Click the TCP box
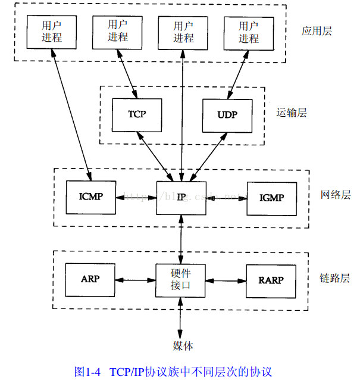pos(137,114)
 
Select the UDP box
pos(227,114)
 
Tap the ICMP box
pos(90,196)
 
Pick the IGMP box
pos(271,196)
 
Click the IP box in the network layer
pos(181,196)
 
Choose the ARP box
pos(90,279)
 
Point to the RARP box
pos(271,279)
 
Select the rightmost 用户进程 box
pos(249,32)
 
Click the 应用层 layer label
pos(316,31)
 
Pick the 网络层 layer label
pos(335,195)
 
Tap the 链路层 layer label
pos(335,278)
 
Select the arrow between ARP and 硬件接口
pos(135,279)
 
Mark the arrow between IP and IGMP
pos(227,196)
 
